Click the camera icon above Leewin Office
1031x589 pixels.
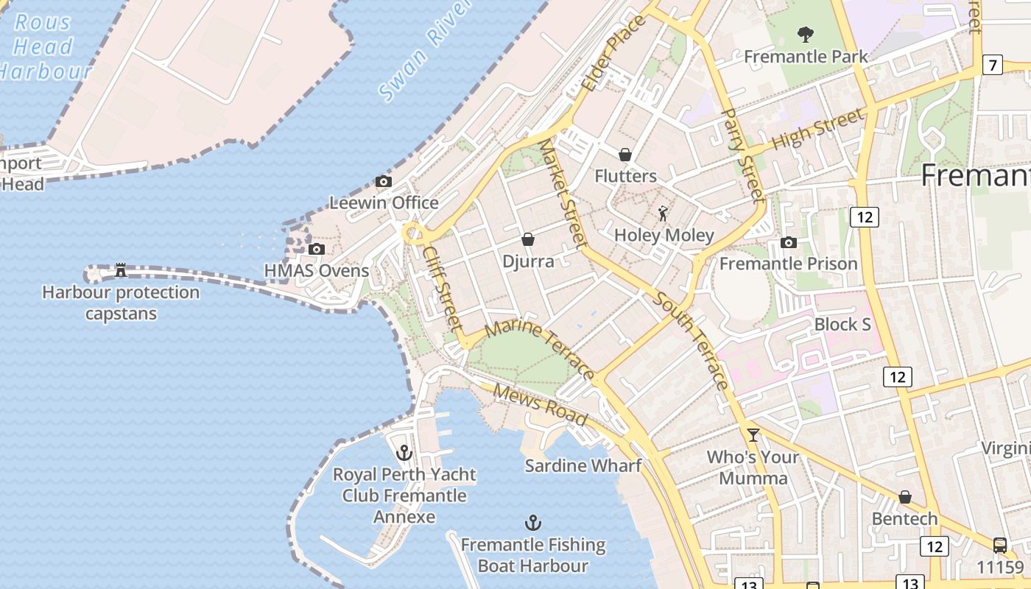coord(383,182)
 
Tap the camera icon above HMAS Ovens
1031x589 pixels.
coord(317,250)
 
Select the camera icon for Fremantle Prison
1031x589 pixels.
coord(789,243)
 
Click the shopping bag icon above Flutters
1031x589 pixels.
coord(625,155)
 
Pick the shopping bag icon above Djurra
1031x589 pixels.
coord(528,239)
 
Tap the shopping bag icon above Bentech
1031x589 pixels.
coord(905,498)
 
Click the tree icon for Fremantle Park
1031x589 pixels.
coord(806,34)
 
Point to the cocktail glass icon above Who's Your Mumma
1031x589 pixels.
coord(753,435)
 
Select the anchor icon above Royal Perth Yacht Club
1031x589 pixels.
coord(404,452)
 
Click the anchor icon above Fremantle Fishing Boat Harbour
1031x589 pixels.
coord(532,523)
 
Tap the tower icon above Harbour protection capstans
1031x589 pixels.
coord(121,270)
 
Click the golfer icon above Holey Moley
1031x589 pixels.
coord(664,214)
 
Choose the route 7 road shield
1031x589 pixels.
coord(993,65)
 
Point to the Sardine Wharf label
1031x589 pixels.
coord(583,466)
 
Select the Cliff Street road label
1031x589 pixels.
coord(442,287)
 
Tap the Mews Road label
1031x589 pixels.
coord(541,404)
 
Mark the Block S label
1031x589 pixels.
coord(842,325)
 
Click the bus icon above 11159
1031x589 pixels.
coord(1000,546)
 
